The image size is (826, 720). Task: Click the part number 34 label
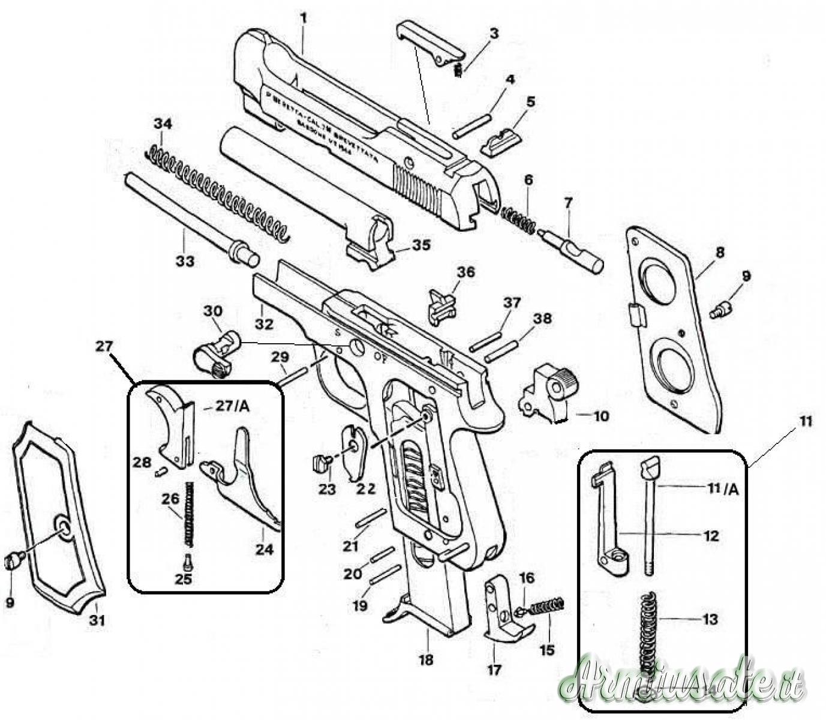pos(163,124)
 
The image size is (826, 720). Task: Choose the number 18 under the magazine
pos(426,660)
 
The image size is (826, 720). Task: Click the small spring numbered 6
pos(518,219)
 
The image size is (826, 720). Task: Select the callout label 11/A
pos(724,490)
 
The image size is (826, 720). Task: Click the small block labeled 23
pos(322,463)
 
